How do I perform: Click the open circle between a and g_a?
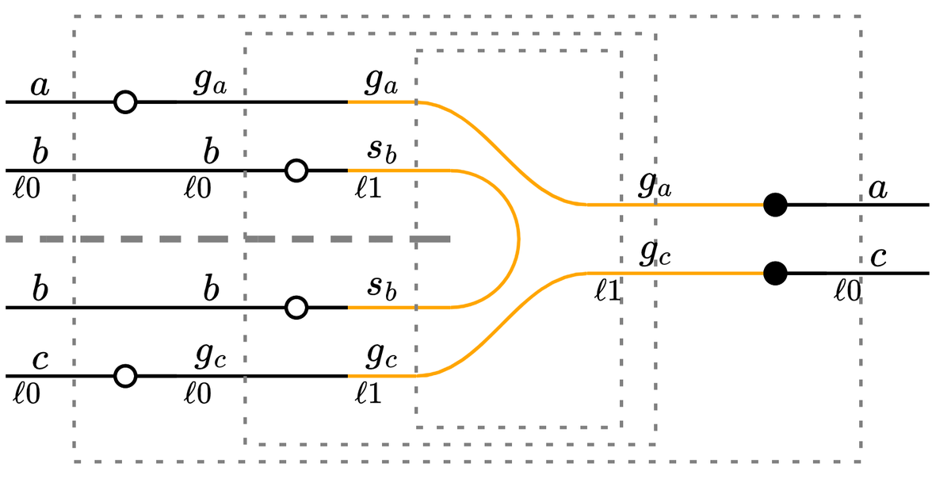pos(125,102)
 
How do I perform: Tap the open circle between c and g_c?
pos(125,376)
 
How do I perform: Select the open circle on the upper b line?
pos(296,171)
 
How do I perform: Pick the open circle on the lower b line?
pos(296,307)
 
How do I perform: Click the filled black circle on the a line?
pos(775,205)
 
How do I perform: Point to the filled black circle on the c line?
pos(775,273)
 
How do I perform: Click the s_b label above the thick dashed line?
pos(382,151)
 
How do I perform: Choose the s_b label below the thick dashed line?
pos(382,288)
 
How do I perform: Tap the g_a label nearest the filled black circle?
pos(655,186)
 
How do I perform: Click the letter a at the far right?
pos(877,189)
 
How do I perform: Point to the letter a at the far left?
pos(40,86)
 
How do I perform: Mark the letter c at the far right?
pos(878,257)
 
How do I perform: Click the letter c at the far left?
pos(40,360)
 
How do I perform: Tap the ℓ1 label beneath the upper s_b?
pos(368,188)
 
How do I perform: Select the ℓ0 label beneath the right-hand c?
pos(847,291)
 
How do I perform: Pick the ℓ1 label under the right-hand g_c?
pos(608,291)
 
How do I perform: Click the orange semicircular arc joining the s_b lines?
pos(519,239)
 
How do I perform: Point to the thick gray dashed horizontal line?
pos(228,239)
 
